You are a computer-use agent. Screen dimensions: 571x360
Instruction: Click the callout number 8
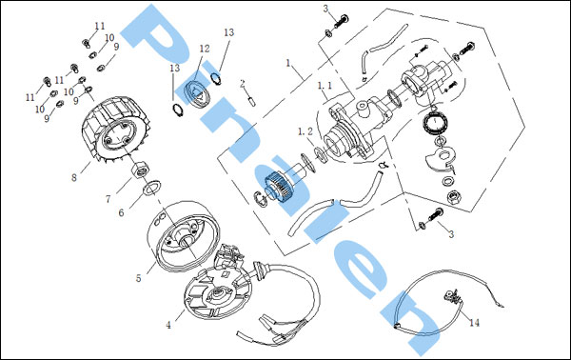tap(74, 177)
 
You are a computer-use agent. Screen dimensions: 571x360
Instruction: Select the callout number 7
tap(108, 199)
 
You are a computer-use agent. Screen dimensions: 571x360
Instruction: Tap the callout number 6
tap(121, 212)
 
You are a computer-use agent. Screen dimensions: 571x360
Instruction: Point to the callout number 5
tap(138, 278)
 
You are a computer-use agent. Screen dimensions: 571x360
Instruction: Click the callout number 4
tap(168, 325)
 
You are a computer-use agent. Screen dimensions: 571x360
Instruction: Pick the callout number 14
tap(475, 323)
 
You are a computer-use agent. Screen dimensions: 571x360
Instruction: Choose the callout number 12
tap(205, 49)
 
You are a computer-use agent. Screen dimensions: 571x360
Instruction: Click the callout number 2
tap(243, 84)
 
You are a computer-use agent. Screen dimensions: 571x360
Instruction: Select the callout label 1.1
tap(325, 86)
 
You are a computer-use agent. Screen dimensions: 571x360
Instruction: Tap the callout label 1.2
tap(305, 131)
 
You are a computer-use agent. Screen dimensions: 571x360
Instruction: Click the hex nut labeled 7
tap(141, 168)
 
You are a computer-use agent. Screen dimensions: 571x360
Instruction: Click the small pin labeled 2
tap(252, 101)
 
